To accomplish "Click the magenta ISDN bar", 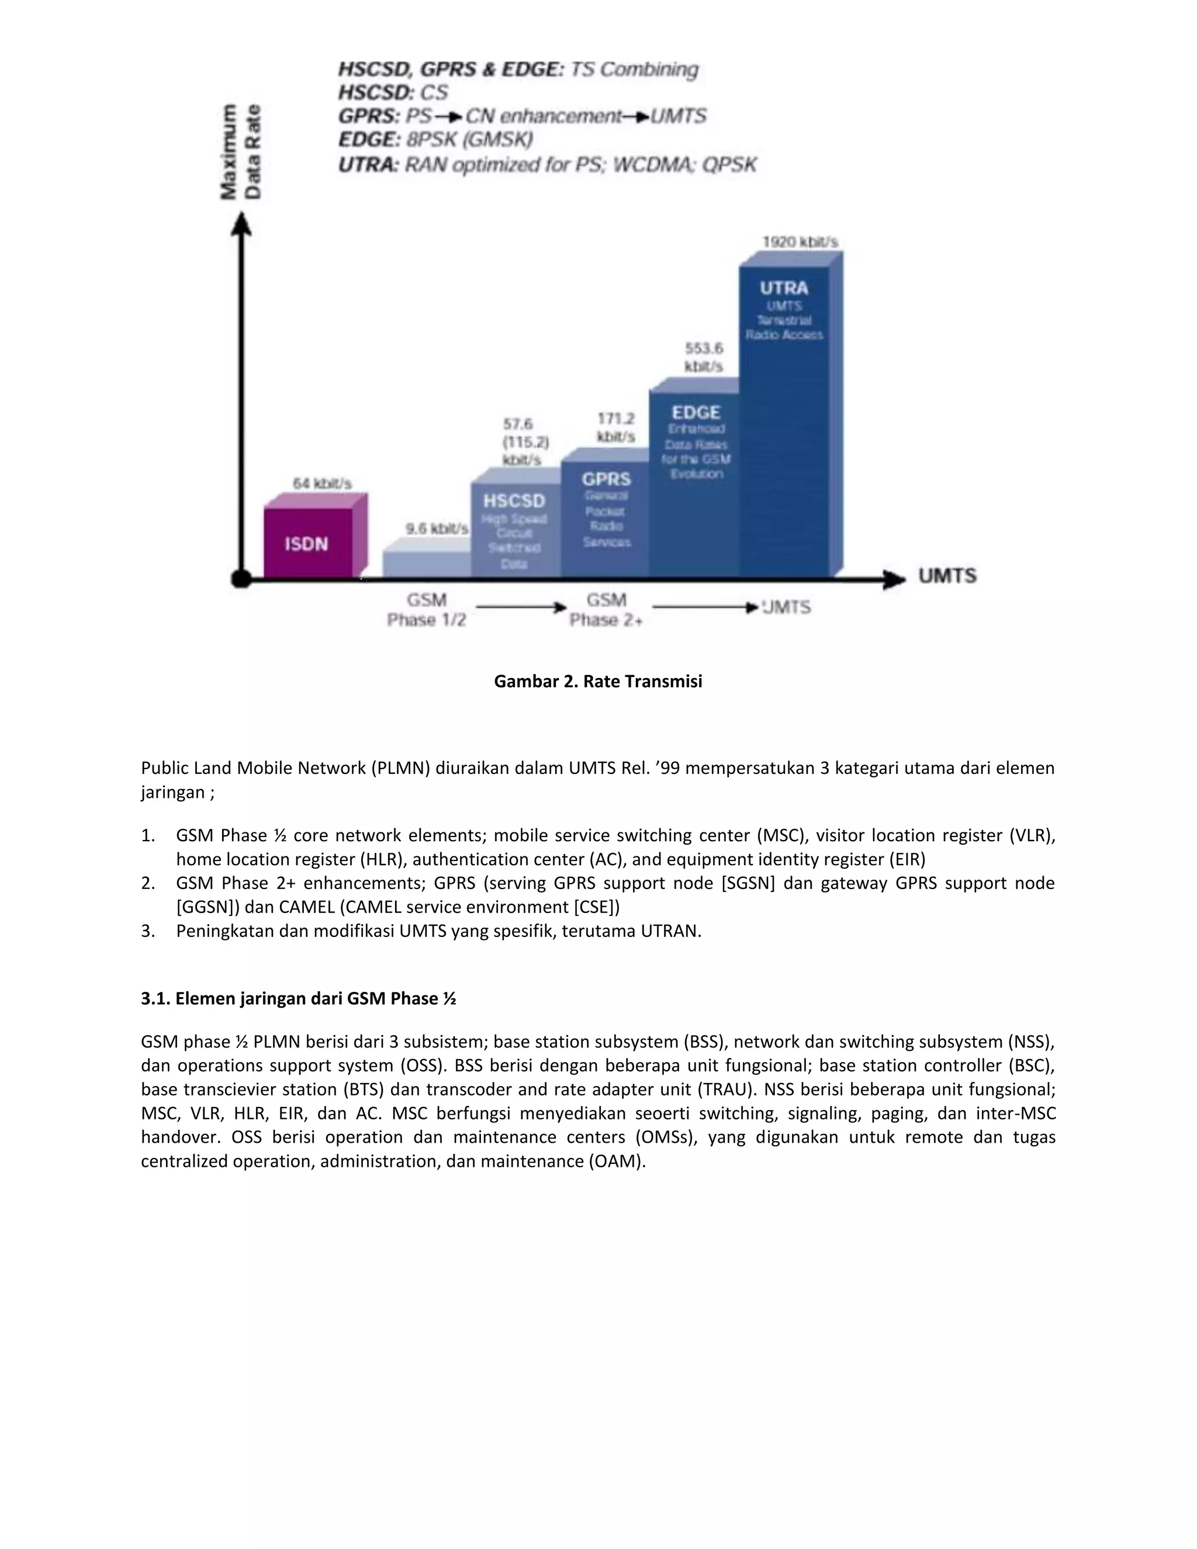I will [308, 543].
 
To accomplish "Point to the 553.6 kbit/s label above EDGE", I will [704, 357].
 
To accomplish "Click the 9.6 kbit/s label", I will [436, 529].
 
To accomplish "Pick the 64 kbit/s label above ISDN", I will [322, 484].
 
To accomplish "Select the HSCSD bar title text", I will [514, 501].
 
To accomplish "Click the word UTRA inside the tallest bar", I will [784, 288].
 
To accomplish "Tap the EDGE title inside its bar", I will [696, 412].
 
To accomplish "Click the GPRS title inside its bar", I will [606, 479].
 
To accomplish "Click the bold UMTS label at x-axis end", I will [947, 576].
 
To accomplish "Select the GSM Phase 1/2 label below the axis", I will [426, 610].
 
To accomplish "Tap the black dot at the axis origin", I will [241, 579].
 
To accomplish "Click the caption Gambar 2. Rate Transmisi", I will [598, 681].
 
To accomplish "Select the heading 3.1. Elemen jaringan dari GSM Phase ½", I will [298, 998].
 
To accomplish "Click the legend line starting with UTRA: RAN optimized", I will [546, 165].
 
